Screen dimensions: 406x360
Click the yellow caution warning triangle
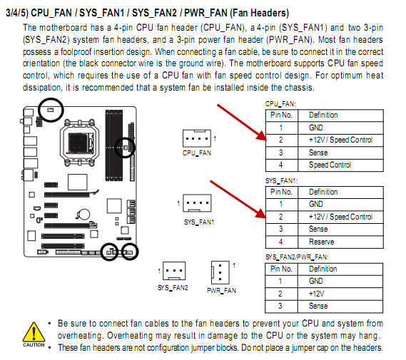coord(34,332)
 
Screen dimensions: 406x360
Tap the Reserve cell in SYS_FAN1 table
coord(340,242)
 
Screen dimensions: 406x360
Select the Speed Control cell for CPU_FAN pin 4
coord(340,165)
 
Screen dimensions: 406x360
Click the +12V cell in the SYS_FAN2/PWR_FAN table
coord(340,294)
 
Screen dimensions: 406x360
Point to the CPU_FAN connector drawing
coord(197,138)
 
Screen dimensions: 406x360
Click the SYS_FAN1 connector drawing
coord(197,203)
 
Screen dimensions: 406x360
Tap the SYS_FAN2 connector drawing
coord(174,271)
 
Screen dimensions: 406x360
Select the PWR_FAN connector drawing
coord(220,272)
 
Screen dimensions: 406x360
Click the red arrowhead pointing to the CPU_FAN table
coord(262,135)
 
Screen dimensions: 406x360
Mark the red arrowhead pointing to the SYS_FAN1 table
coord(261,213)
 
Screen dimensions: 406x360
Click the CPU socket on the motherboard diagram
coord(79,141)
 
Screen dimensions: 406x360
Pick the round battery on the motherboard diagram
coord(83,215)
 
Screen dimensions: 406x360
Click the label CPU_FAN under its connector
coord(197,153)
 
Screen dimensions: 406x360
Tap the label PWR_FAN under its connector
coord(221,291)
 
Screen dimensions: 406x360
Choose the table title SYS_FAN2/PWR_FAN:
coord(297,257)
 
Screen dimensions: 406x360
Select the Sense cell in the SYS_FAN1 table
coord(340,229)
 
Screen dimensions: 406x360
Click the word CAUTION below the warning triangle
coord(34,345)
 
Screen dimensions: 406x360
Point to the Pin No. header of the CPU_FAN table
coord(282,115)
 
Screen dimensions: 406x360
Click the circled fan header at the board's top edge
coord(51,110)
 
